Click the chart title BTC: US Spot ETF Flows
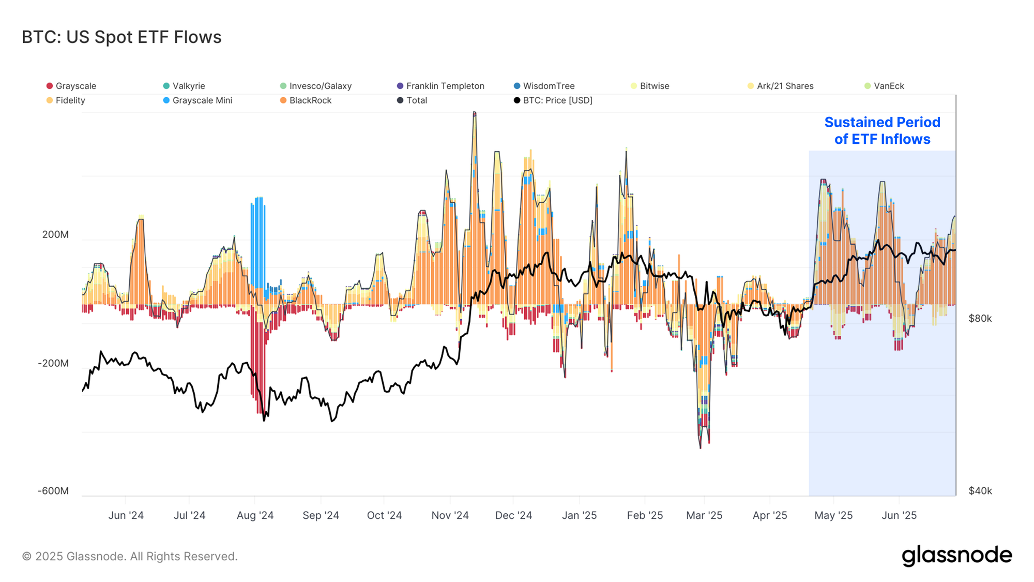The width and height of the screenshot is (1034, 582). point(121,37)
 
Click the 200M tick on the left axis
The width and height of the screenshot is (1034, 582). point(55,234)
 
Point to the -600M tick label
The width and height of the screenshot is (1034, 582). point(53,490)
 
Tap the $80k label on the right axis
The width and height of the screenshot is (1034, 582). point(980,319)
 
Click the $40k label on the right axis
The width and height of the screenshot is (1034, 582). point(980,490)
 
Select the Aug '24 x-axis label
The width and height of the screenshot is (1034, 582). point(255,515)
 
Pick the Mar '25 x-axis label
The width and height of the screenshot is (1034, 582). point(704,515)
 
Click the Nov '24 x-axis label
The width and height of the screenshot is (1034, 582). point(450,515)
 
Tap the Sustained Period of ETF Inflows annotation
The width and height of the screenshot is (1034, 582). point(882,130)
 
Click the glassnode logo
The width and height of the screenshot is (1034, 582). point(956,556)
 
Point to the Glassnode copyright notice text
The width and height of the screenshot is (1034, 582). point(130,556)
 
